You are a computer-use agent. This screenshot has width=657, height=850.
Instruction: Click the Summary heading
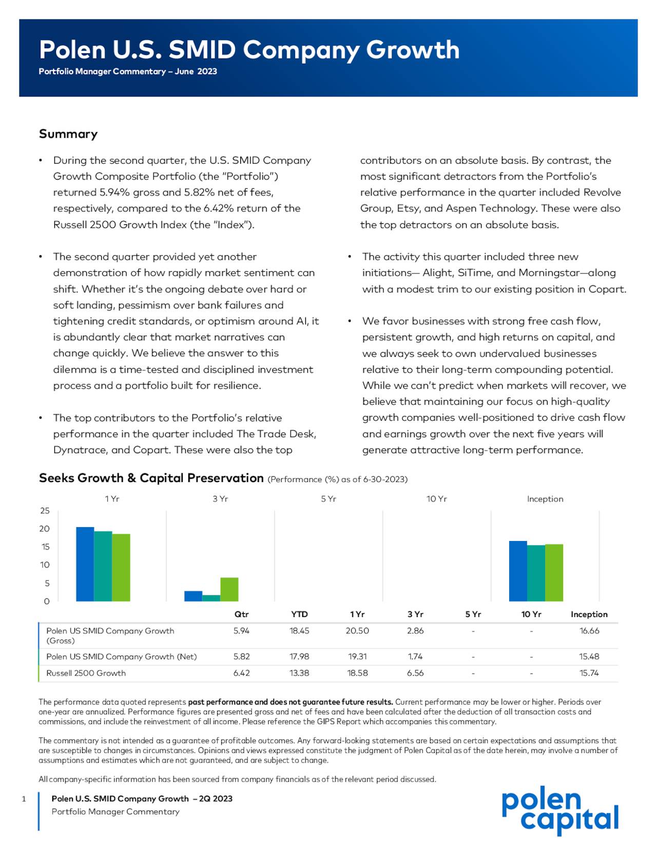click(68, 134)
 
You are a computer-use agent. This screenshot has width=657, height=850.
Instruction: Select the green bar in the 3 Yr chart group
click(229, 589)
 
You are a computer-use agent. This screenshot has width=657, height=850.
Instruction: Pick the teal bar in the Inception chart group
click(536, 573)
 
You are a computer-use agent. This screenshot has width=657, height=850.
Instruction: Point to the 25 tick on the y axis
click(45, 511)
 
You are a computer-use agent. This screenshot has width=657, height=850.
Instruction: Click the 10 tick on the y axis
click(45, 565)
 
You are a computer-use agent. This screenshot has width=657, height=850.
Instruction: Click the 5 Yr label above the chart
click(328, 499)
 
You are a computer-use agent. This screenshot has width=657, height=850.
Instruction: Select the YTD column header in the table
click(299, 614)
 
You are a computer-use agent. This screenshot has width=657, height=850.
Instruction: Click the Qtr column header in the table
click(241, 614)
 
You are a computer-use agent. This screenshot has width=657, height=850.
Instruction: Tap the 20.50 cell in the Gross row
click(357, 631)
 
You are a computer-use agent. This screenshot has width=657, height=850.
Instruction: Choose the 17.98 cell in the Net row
click(299, 656)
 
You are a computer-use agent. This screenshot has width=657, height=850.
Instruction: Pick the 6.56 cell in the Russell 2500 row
click(415, 673)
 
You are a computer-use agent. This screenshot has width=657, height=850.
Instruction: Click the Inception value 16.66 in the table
click(589, 631)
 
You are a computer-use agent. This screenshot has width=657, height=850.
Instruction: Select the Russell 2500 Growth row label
click(86, 673)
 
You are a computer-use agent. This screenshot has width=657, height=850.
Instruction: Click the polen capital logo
click(560, 810)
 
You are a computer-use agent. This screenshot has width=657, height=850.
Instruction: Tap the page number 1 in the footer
click(24, 799)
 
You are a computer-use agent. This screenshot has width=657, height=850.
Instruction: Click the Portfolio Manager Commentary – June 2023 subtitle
click(128, 71)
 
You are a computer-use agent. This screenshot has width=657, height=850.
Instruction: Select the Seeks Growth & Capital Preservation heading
click(151, 478)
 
